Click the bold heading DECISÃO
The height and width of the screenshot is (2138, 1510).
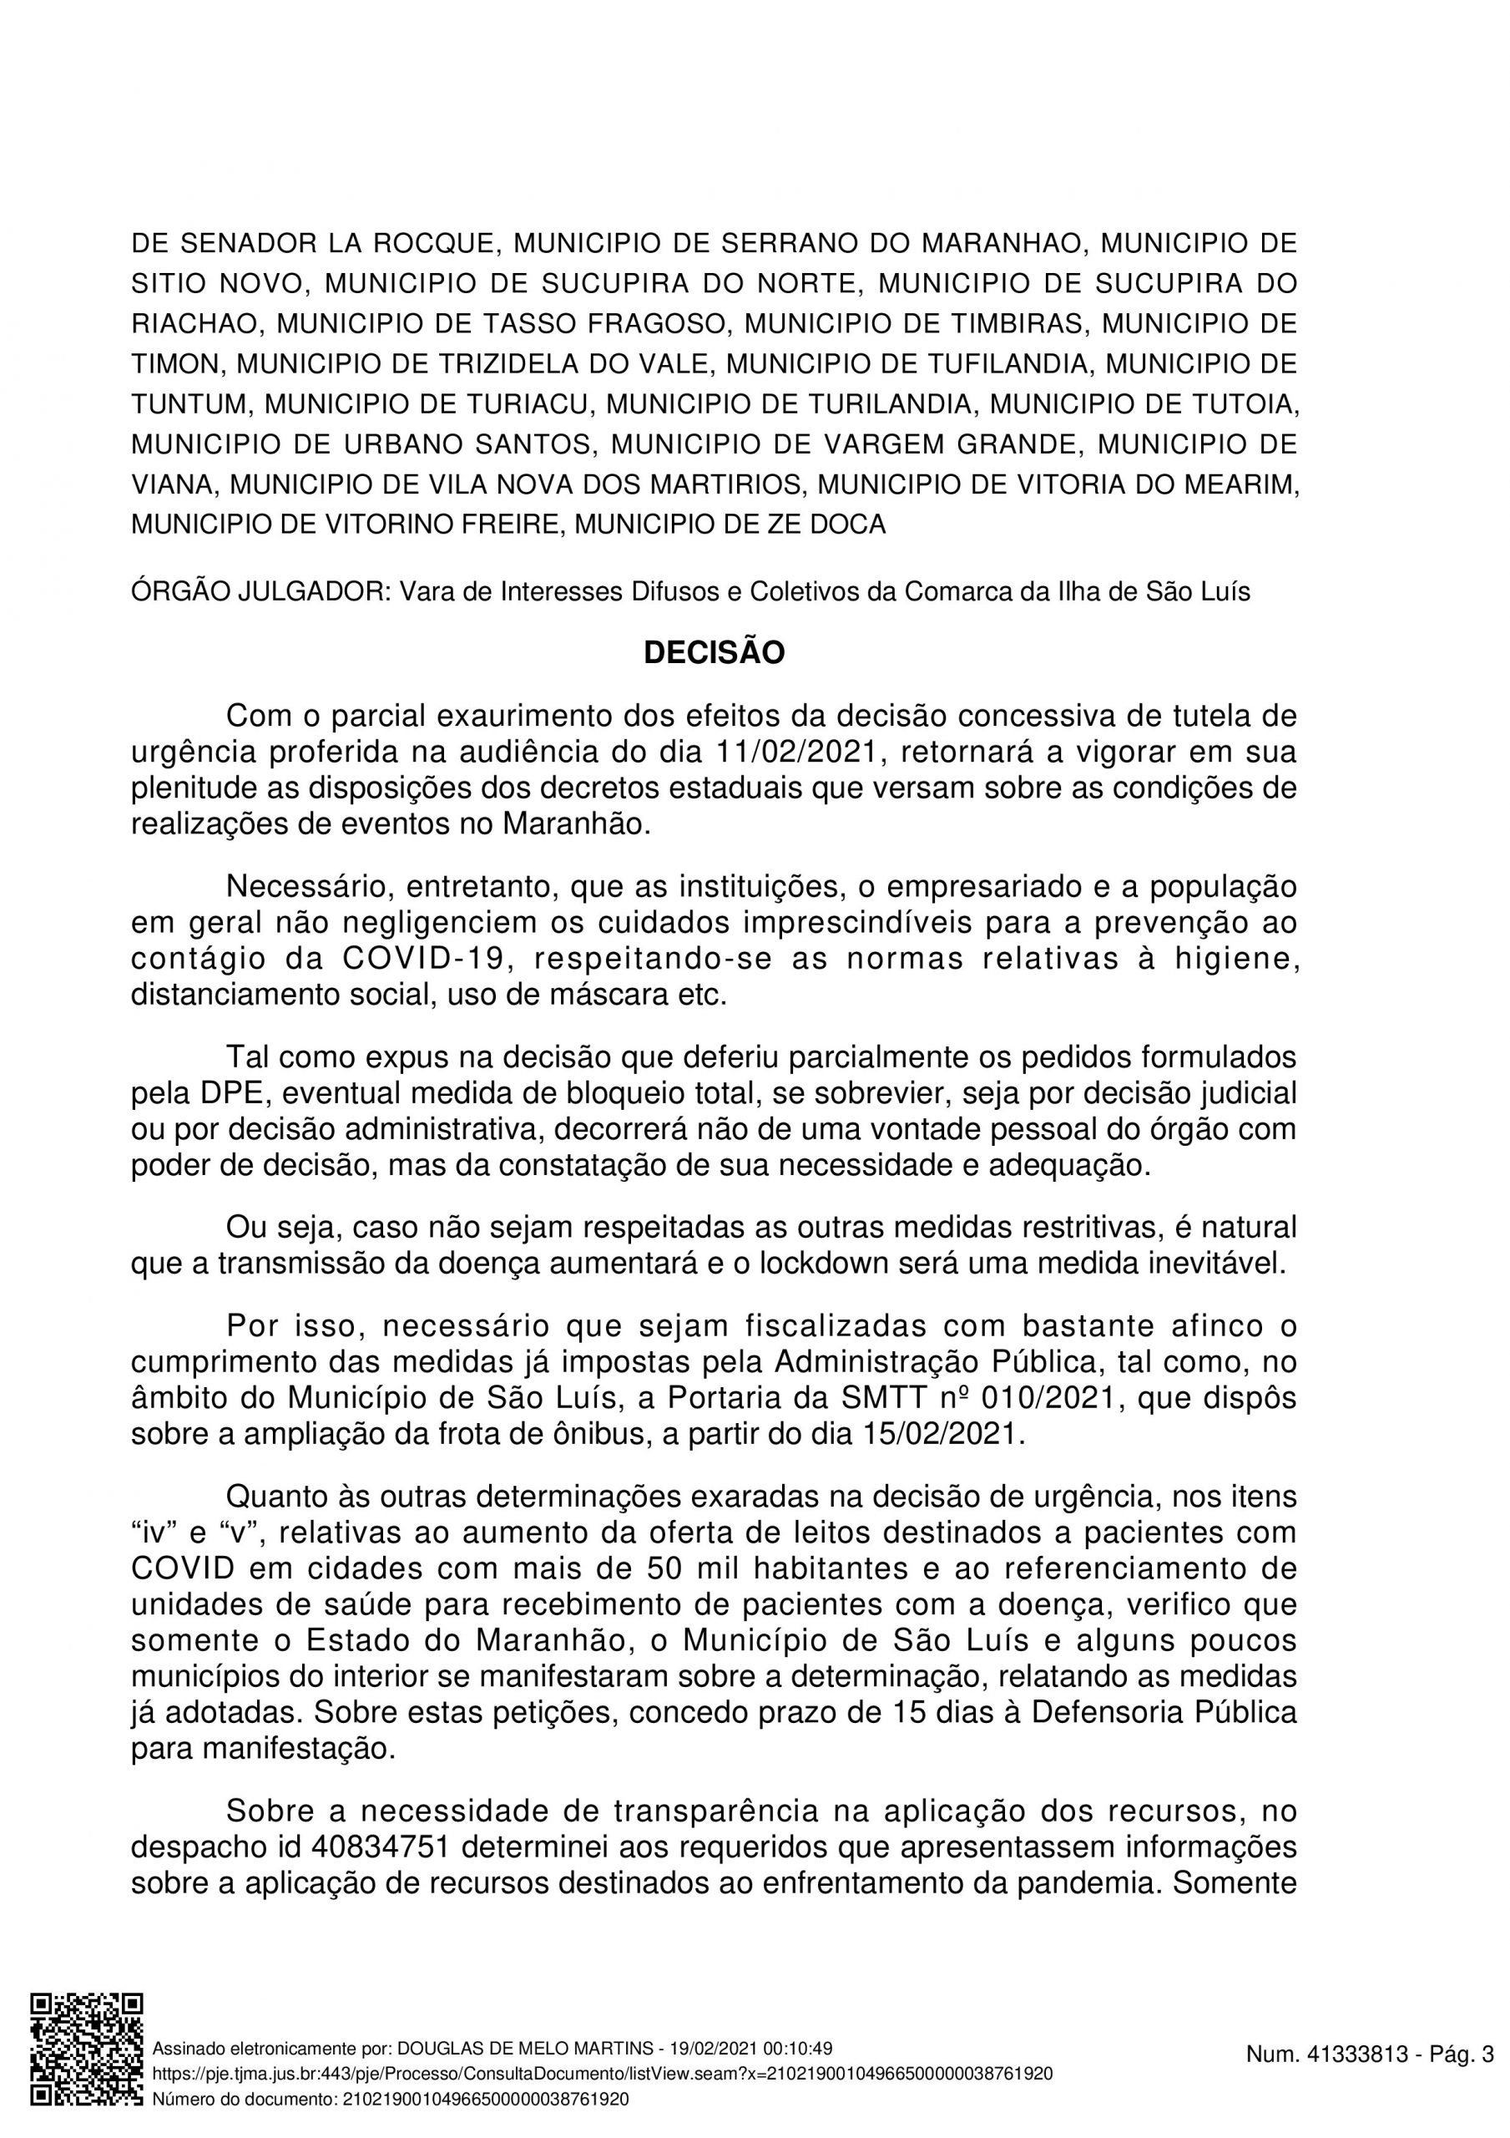pyautogui.click(x=714, y=654)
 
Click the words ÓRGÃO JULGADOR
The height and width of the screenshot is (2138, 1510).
pyautogui.click(x=259, y=592)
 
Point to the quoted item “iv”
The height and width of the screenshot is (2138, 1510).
pyautogui.click(x=154, y=1533)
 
